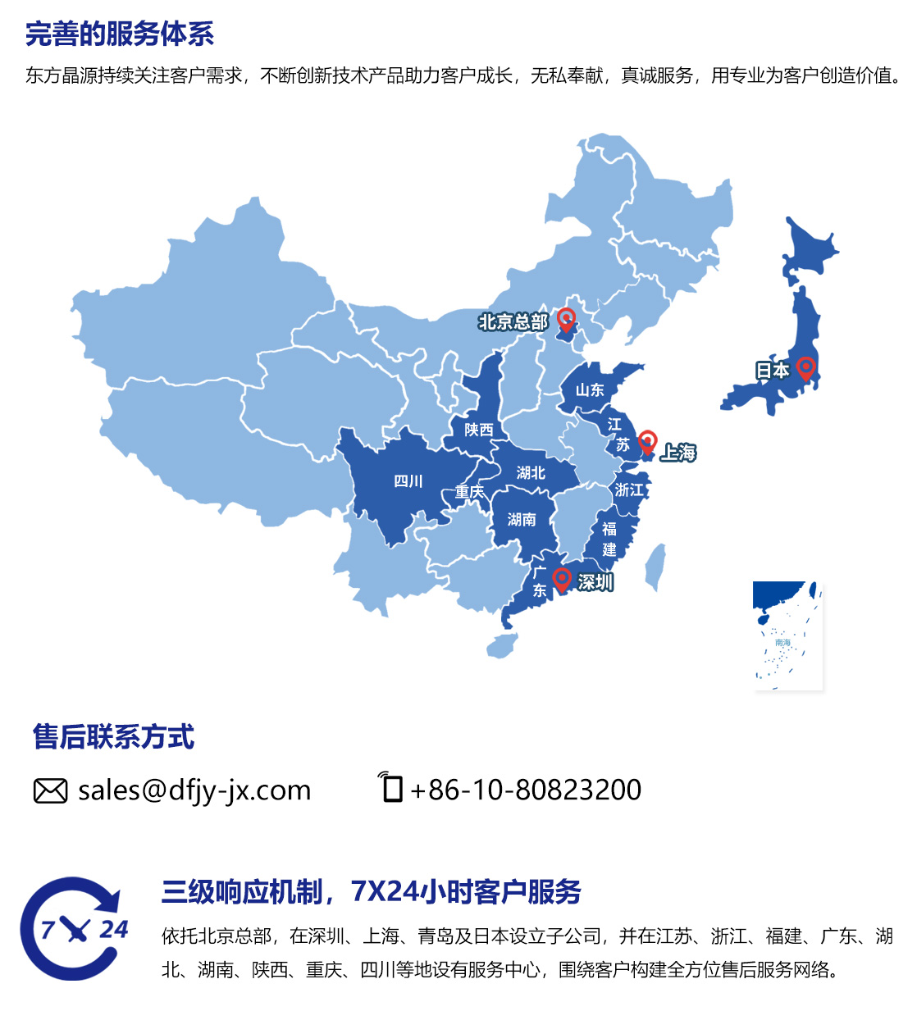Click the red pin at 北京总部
[566, 318]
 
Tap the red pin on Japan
[805, 367]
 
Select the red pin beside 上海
[647, 441]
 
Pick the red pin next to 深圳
[562, 579]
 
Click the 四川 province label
[408, 481]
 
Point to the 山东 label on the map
[590, 389]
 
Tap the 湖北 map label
[531, 473]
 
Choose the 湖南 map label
[522, 519]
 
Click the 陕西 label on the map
[479, 430]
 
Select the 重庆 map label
[469, 492]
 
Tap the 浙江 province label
[629, 490]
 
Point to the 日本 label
[772, 371]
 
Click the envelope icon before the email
[50, 790]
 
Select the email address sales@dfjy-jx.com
[194, 790]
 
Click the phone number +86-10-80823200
[526, 790]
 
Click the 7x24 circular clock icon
[72, 928]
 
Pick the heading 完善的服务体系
[120, 34]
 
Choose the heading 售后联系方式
[114, 736]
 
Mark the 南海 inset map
[787, 635]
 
